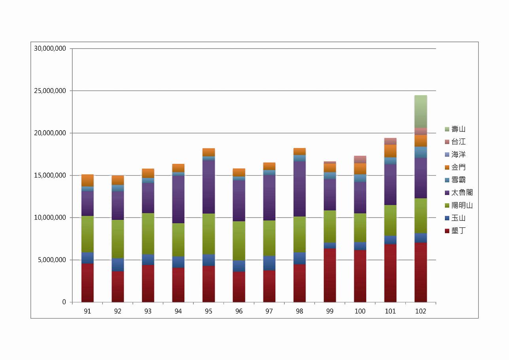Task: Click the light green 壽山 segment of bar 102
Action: pyautogui.click(x=420, y=112)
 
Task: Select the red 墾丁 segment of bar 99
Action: pyautogui.click(x=330, y=275)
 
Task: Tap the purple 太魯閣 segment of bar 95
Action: pyautogui.click(x=208, y=187)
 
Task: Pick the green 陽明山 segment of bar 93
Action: pyautogui.click(x=148, y=233)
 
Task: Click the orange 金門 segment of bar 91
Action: pyautogui.click(x=87, y=180)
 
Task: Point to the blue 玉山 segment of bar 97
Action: pyautogui.click(x=269, y=263)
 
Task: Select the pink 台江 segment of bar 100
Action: pyautogui.click(x=360, y=159)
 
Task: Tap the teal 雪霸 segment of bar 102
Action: pyautogui.click(x=420, y=152)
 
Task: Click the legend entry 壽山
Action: pyautogui.click(x=458, y=129)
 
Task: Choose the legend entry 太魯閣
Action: pyautogui.click(x=462, y=193)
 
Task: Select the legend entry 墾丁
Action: pyautogui.click(x=458, y=231)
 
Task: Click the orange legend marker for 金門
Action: pyautogui.click(x=447, y=167)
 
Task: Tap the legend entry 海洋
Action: pyautogui.click(x=458, y=155)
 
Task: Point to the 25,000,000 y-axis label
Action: pyautogui.click(x=50, y=91)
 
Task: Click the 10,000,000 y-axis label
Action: pyautogui.click(x=50, y=218)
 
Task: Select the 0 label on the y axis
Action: pyautogui.click(x=64, y=302)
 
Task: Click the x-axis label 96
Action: pyautogui.click(x=239, y=311)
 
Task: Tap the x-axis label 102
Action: pyautogui.click(x=420, y=311)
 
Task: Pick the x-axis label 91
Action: pyautogui.click(x=87, y=311)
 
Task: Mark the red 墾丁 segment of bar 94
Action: pyautogui.click(x=178, y=285)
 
